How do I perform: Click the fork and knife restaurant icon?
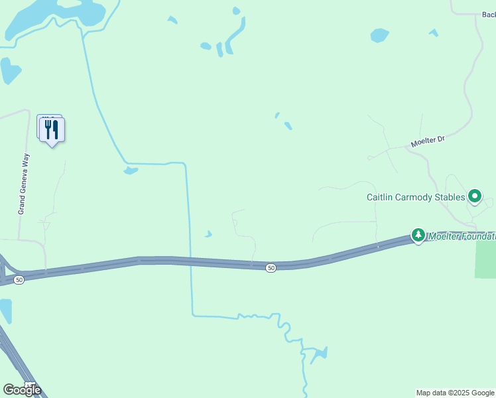click(x=52, y=129)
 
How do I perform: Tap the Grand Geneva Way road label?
click(x=23, y=184)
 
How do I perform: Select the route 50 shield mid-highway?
click(x=271, y=267)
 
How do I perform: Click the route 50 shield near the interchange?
click(x=19, y=280)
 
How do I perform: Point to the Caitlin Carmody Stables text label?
click(x=416, y=197)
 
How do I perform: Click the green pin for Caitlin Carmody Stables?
click(x=474, y=196)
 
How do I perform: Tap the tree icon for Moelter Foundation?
click(x=418, y=235)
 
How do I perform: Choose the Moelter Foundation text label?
click(x=462, y=236)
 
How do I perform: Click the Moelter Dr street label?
click(x=427, y=141)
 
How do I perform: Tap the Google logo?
click(x=22, y=389)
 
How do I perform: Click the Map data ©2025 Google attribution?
click(x=455, y=393)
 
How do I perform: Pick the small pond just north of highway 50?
click(x=208, y=234)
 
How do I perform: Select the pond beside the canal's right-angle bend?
click(x=130, y=171)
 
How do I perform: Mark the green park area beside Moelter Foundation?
click(x=485, y=259)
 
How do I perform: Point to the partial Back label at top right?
click(x=489, y=14)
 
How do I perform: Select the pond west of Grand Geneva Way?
click(x=9, y=70)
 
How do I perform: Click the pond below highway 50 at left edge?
click(x=5, y=310)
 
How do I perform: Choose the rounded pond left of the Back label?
click(x=379, y=34)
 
